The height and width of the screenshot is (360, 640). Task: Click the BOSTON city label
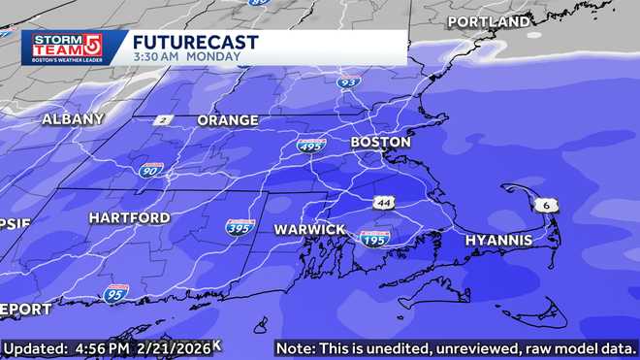point(380,143)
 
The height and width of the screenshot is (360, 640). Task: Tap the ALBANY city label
point(73,119)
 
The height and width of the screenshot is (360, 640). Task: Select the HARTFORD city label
point(129,218)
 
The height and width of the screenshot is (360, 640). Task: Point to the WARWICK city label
point(309,229)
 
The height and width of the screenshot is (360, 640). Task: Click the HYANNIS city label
point(498,240)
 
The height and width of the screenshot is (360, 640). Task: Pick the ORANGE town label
point(228,121)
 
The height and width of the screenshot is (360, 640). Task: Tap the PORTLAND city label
point(489,21)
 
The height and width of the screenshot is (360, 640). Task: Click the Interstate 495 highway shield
point(311,146)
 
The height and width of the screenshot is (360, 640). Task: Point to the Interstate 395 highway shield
point(240,226)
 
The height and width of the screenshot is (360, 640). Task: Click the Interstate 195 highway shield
point(373,238)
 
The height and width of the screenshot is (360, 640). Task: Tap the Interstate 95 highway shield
point(115,292)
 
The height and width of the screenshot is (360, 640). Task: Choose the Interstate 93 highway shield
point(348,82)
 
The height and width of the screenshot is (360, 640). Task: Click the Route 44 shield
point(384,202)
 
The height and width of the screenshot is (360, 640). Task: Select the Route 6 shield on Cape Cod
point(550,205)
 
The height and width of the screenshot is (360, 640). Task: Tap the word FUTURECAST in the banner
point(195,42)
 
